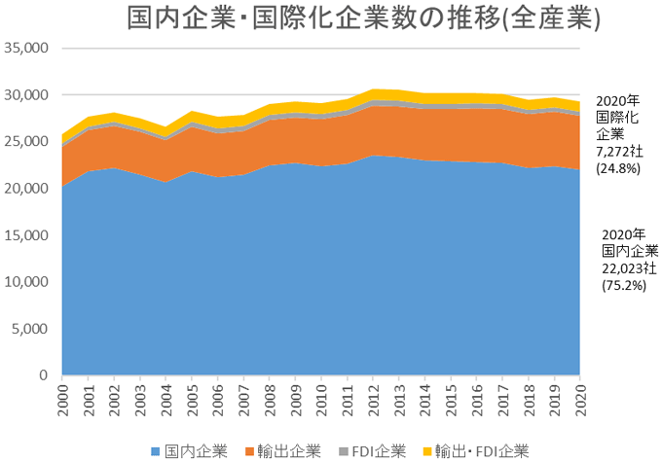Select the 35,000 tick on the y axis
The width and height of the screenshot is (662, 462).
click(x=27, y=49)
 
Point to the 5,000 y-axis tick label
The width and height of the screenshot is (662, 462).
click(x=30, y=329)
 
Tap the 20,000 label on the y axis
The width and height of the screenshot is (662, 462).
click(x=27, y=189)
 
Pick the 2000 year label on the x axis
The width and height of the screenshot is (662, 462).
click(x=63, y=400)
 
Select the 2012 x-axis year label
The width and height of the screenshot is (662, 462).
click(x=374, y=400)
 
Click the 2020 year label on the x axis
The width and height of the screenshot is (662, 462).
click(x=581, y=400)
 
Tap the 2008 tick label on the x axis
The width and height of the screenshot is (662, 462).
click(x=271, y=400)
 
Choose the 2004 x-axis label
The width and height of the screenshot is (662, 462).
click(x=166, y=400)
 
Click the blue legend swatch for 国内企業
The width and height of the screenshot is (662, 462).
click(x=157, y=450)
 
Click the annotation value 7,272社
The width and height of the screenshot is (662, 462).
click(x=618, y=151)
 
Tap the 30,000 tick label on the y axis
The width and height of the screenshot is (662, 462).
click(x=27, y=95)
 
